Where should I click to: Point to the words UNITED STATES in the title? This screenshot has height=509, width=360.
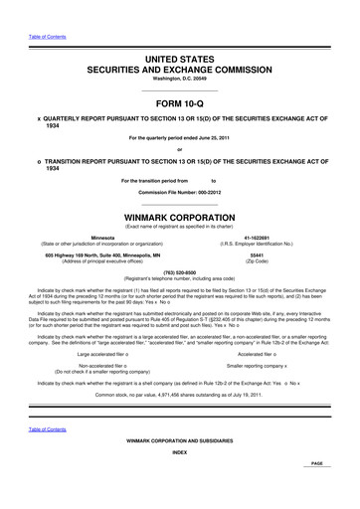180,62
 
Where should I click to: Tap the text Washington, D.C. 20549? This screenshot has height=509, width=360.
179,85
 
